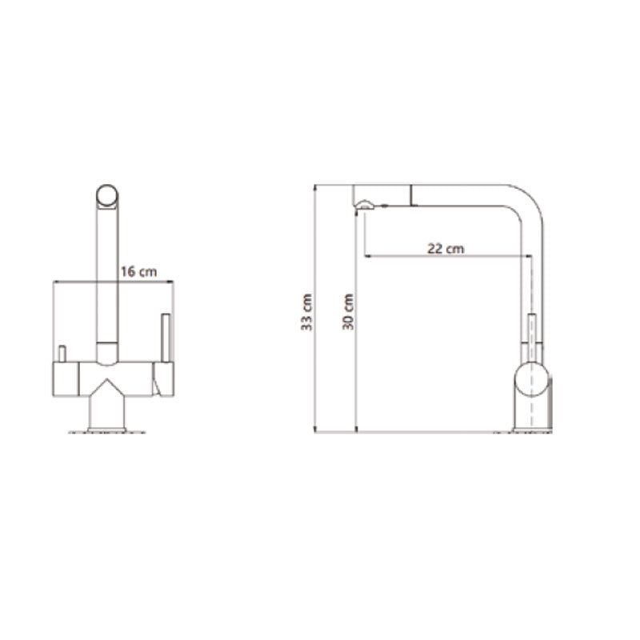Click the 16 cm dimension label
point(138,272)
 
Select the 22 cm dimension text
point(446,249)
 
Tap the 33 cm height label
point(306,312)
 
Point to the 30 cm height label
point(348,311)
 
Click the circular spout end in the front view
point(107,196)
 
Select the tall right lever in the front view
point(166,338)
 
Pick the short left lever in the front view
point(62,354)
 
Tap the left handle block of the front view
point(66,378)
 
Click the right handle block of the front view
point(163,378)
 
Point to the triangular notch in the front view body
point(106,386)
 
